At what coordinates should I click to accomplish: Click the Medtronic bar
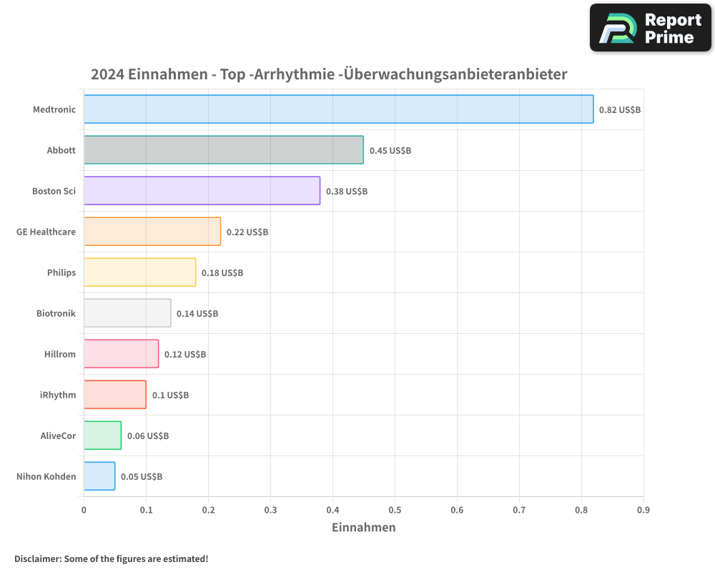338,109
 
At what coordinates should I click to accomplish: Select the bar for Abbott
223,149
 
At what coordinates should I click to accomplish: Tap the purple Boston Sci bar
202,190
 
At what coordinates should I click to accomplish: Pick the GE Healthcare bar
152,231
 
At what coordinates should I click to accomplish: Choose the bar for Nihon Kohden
99,475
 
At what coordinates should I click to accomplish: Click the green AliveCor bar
102,435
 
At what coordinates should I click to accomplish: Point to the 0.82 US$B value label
620,109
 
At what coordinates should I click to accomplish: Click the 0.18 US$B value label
222,272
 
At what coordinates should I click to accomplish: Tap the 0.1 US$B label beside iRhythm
170,395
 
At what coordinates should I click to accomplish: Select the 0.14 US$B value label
197,313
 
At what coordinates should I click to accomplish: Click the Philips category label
61,272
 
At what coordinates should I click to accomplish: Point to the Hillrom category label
60,354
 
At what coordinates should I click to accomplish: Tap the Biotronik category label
56,313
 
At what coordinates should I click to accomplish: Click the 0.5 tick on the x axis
395,510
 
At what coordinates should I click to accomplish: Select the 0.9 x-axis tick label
643,510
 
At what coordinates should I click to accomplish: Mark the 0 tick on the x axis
84,510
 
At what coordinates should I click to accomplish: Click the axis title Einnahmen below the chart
363,527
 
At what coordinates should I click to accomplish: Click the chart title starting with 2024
329,74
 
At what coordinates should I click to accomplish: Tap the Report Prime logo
651,28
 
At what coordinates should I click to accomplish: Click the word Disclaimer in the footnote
36,558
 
